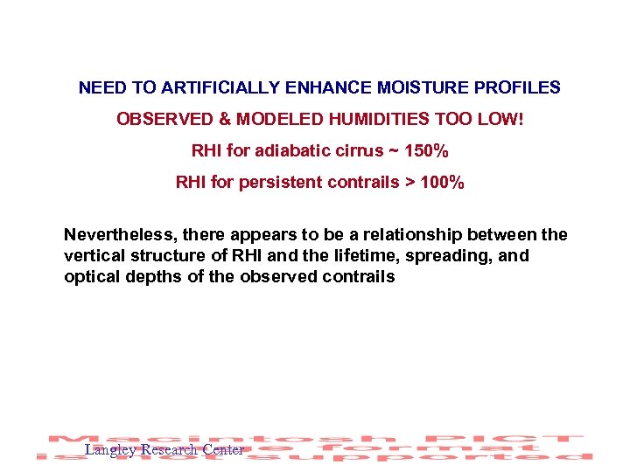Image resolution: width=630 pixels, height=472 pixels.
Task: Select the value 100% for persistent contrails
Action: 442,183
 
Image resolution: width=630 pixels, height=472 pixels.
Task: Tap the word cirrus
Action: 354,151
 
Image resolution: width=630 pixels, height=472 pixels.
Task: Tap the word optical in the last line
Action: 92,277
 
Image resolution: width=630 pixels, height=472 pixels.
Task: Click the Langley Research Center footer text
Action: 164,450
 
